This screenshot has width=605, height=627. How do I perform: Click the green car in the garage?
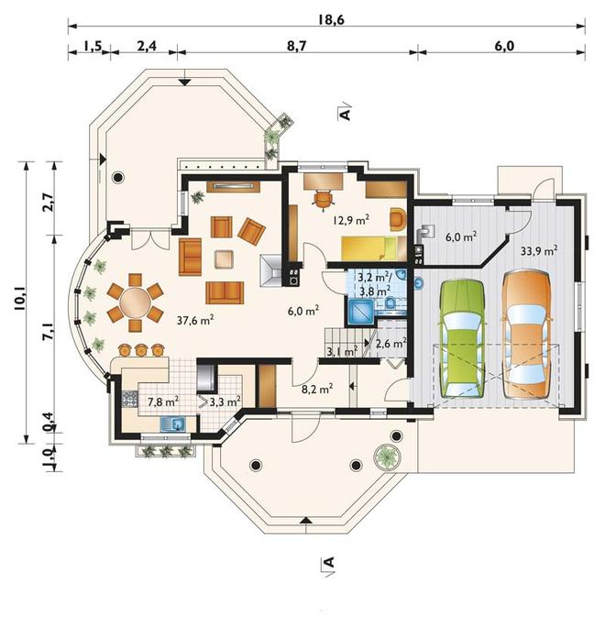462,339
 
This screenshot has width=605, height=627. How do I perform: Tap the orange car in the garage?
526,335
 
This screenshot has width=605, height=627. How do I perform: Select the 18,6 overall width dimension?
331,19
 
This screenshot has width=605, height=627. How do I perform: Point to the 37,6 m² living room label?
195,320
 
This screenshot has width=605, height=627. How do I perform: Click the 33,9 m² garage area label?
539,251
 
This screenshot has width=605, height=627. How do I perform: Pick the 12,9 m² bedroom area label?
351,219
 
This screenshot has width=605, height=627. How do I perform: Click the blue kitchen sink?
172,424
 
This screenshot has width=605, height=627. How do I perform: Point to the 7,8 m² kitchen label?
163,401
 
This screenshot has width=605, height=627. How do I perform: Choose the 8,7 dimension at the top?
297,46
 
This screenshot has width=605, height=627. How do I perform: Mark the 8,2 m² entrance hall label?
316,389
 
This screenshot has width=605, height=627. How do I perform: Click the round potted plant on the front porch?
387,456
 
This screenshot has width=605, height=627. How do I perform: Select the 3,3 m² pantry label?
225,401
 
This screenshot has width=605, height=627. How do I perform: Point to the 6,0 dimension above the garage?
504,46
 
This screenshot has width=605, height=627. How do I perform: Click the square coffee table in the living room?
224,258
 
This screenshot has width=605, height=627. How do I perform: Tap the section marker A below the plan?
328,564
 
